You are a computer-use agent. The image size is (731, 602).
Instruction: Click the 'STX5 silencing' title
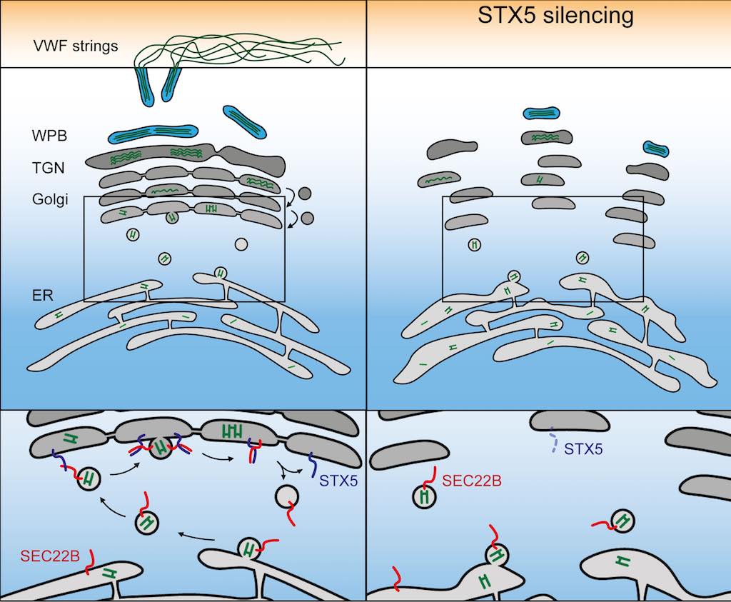(x=555, y=15)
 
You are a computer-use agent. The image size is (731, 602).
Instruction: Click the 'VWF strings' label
(x=75, y=47)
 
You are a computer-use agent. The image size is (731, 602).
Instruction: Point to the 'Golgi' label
(x=50, y=199)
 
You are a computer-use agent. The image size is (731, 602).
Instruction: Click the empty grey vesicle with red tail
(x=287, y=496)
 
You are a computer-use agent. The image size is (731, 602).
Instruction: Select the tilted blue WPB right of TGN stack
(x=246, y=121)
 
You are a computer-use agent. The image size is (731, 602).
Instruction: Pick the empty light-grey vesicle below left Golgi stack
(x=241, y=244)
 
